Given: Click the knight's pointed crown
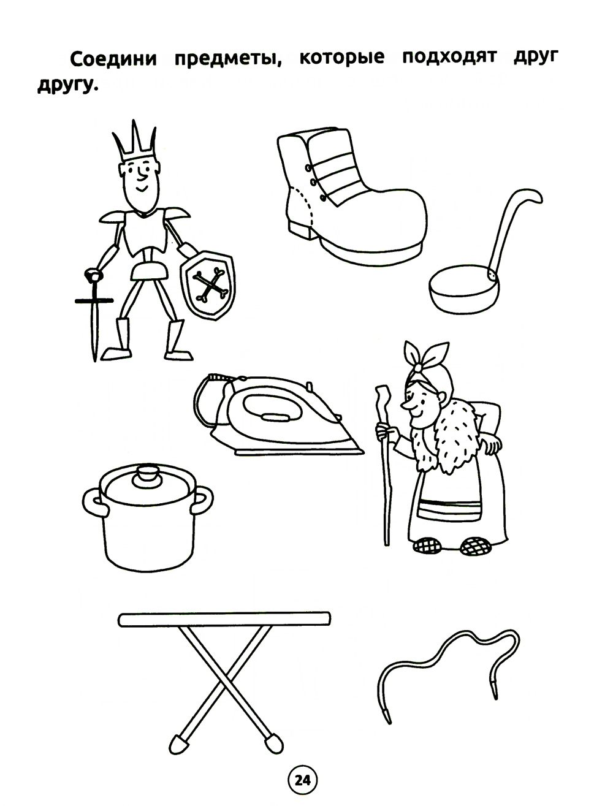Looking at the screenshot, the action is (134, 145).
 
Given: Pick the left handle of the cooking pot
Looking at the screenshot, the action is (94, 501).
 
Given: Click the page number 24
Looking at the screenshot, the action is (303, 780).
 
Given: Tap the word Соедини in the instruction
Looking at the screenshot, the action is (113, 59).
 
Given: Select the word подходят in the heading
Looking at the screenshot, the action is (449, 57).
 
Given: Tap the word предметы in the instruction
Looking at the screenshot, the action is (228, 58).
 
